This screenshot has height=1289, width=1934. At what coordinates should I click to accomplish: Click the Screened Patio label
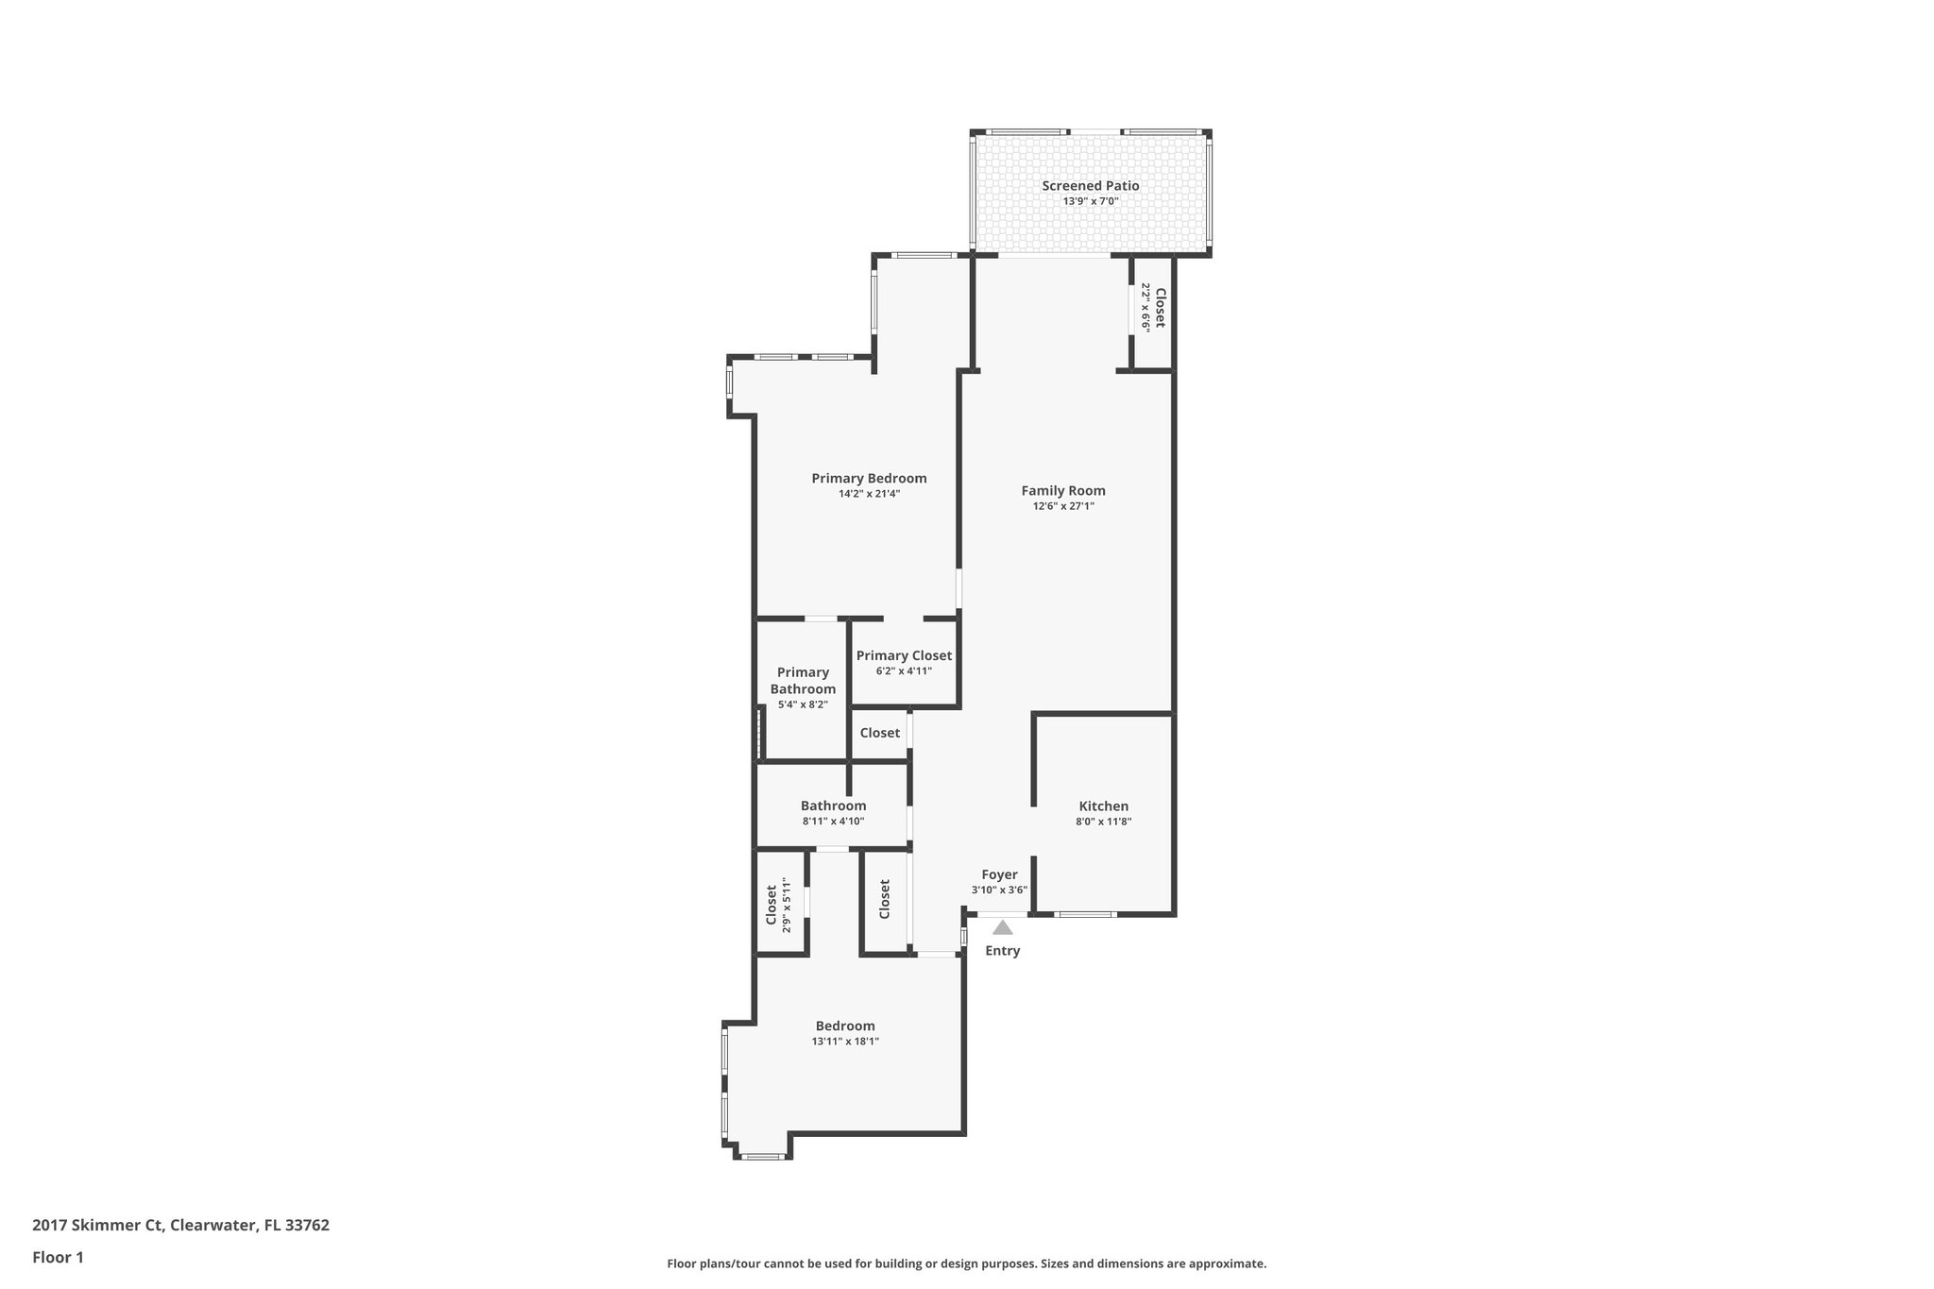tap(1090, 186)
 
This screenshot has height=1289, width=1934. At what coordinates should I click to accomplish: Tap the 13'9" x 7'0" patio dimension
tap(1090, 201)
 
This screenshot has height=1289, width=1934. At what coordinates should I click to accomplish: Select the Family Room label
tap(1062, 491)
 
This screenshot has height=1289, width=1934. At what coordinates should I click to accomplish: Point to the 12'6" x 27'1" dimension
tap(1062, 506)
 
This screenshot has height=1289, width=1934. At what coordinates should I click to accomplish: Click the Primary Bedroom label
tap(869, 479)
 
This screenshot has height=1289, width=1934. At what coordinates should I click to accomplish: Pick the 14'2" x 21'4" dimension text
tap(869, 494)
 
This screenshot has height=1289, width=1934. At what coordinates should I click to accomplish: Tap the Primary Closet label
tap(904, 655)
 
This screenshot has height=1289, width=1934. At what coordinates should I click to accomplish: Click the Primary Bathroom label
tap(803, 680)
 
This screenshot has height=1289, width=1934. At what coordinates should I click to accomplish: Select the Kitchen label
tap(1103, 806)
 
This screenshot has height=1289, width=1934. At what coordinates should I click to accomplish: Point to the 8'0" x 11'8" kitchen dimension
tap(1103, 822)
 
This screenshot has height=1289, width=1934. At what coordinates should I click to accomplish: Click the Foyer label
tap(999, 874)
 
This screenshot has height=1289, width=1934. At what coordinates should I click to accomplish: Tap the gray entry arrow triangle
tap(1002, 928)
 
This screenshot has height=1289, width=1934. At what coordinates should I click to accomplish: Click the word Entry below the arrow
tap(1002, 951)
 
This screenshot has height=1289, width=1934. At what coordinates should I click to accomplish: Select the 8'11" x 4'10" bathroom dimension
tap(833, 822)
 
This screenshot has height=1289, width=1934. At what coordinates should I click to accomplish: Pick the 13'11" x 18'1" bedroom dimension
tap(845, 1042)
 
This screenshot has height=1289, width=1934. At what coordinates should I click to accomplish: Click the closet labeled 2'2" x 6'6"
tap(1153, 308)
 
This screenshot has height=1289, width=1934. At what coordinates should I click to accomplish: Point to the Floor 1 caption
tap(58, 1257)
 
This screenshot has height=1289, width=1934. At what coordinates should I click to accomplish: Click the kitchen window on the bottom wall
tap(1085, 914)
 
